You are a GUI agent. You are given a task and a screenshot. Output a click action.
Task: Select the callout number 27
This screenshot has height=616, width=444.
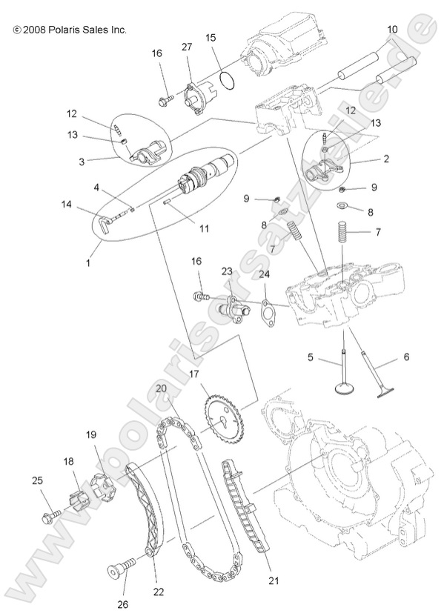(x=187, y=47)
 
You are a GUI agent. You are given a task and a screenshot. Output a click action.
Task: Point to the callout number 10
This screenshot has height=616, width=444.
(x=393, y=30)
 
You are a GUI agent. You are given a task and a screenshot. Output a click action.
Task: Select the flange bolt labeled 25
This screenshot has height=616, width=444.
(x=52, y=513)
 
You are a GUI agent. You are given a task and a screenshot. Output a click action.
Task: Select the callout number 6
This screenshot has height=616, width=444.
(x=405, y=357)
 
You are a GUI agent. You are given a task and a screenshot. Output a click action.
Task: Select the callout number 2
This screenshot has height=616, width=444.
(x=386, y=159)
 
